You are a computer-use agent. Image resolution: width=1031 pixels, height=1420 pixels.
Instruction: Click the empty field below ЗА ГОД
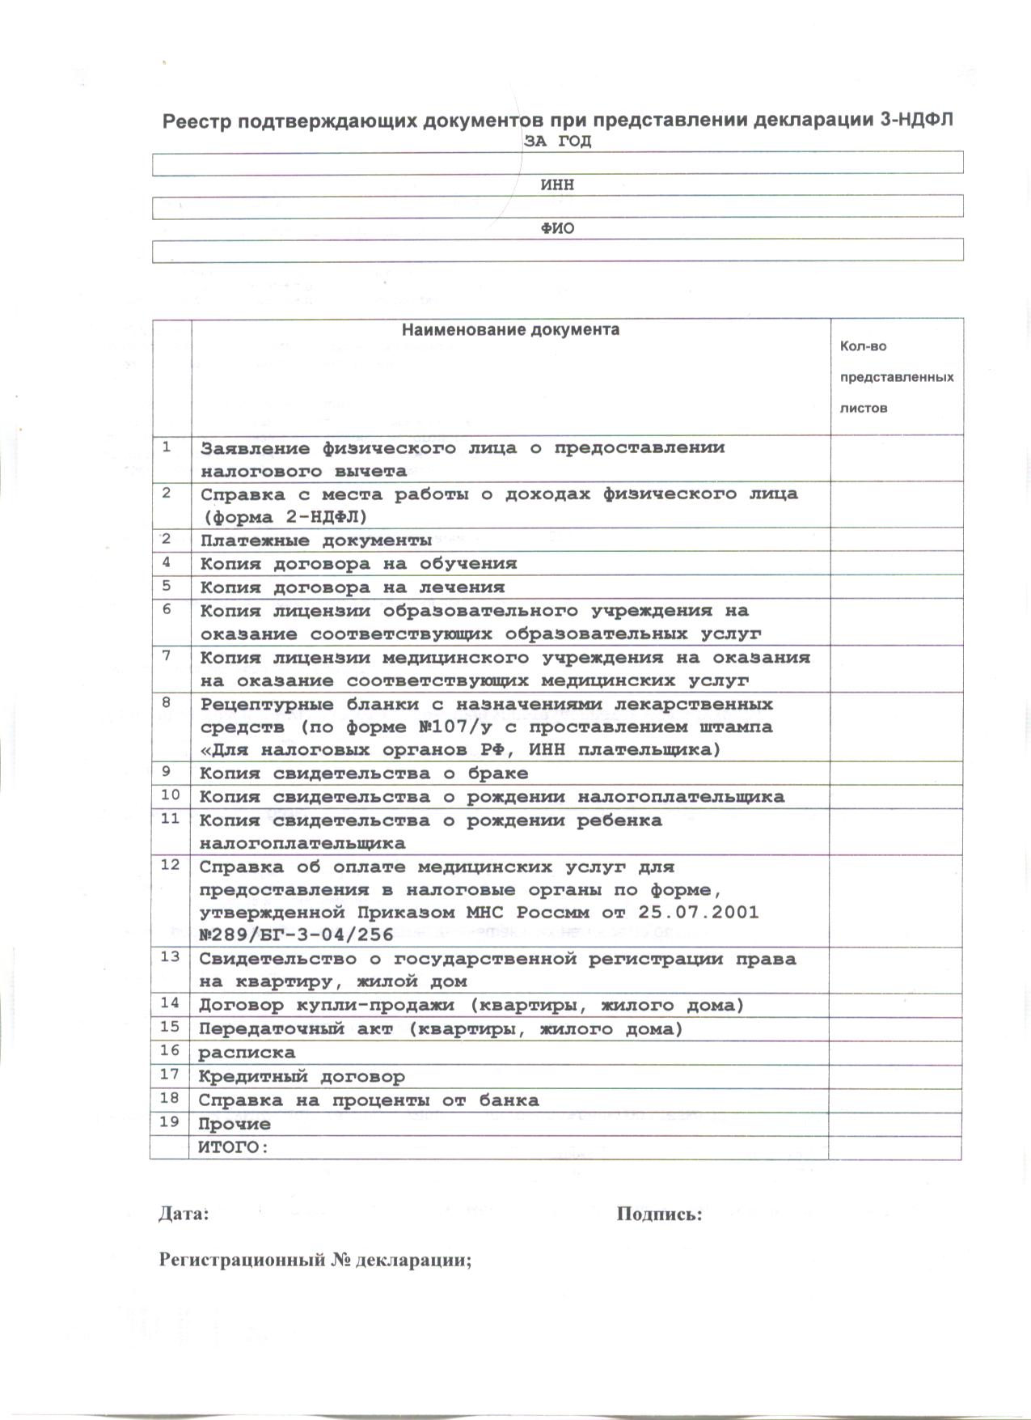(x=558, y=163)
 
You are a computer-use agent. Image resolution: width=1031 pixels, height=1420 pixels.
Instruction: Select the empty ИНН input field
(x=558, y=207)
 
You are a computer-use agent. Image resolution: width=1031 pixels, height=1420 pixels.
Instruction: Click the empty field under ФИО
(x=558, y=250)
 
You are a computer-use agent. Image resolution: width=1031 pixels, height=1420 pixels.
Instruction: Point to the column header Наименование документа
(x=511, y=330)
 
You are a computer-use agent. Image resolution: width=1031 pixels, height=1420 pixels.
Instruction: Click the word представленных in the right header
(x=897, y=377)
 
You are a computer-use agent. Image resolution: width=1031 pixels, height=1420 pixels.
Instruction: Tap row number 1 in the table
(x=167, y=447)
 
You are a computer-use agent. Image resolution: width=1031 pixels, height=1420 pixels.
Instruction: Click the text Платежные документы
(x=316, y=540)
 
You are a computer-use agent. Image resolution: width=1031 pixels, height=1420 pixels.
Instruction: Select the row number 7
(x=167, y=655)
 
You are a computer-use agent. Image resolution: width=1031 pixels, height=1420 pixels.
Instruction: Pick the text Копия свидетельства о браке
(x=364, y=774)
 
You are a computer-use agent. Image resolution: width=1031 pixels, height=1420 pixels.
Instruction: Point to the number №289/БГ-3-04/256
(x=296, y=935)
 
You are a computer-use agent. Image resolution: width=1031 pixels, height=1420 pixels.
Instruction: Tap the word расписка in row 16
(x=247, y=1053)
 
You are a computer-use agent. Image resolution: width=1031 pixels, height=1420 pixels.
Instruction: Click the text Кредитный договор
(x=302, y=1077)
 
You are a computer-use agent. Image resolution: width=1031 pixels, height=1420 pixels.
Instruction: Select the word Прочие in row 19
(x=235, y=1124)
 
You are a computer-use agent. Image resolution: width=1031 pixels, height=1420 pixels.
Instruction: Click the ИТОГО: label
(x=233, y=1147)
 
